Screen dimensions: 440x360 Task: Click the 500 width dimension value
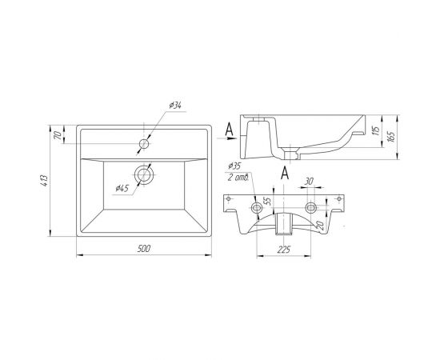144,248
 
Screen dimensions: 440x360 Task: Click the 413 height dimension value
44,181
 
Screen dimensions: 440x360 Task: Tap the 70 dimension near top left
58,135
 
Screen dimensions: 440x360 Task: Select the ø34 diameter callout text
175,106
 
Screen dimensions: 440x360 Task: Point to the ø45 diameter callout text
122,188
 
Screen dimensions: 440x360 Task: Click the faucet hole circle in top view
144,144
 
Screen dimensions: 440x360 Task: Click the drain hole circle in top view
144,175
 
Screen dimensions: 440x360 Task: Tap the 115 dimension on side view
377,130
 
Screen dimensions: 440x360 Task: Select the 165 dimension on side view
391,136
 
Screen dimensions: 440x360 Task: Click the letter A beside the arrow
230,130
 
